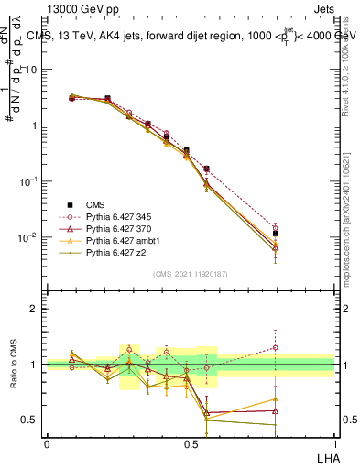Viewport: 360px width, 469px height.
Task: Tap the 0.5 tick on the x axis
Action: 191,443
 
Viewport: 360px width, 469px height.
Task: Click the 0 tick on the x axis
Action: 47,443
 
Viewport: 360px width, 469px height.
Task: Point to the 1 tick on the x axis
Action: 334,443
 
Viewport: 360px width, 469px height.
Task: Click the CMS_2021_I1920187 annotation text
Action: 191,274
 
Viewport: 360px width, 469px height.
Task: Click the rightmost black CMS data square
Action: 300,234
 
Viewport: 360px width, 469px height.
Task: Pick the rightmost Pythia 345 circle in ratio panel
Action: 300,347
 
